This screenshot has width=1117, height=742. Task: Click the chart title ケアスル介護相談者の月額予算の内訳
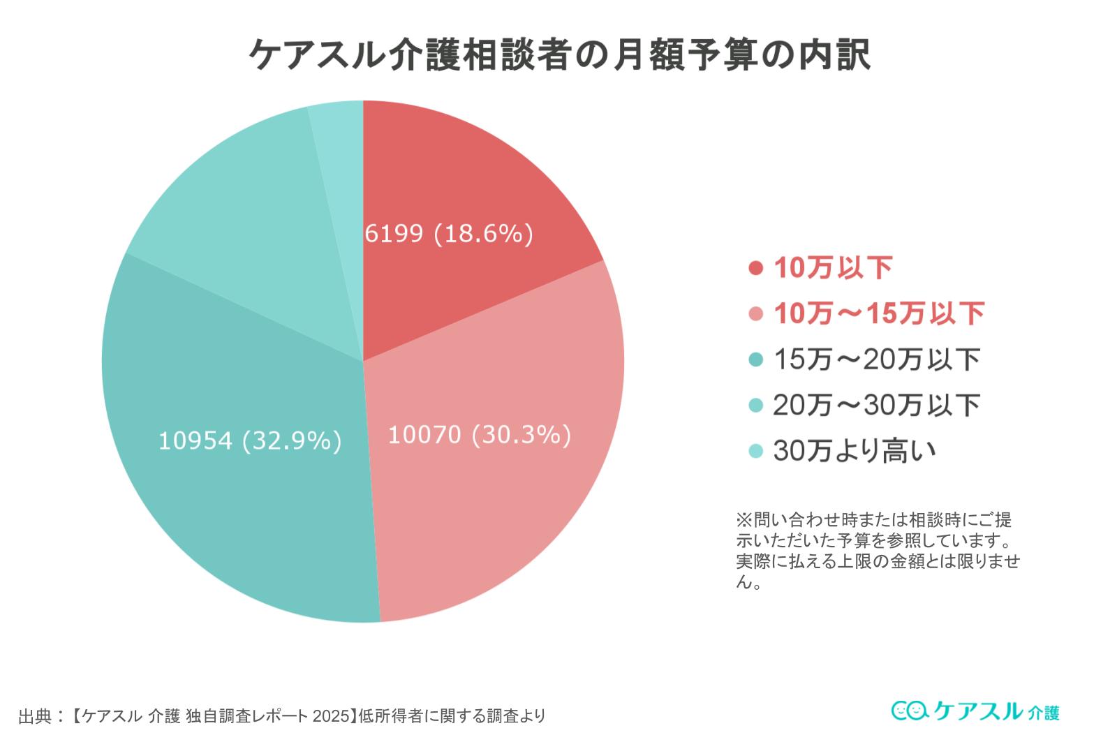click(559, 55)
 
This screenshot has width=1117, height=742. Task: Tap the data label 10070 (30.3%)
click(479, 435)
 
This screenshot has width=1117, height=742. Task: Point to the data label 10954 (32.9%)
click(250, 440)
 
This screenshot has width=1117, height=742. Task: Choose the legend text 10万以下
click(833, 268)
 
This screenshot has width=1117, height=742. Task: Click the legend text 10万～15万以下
click(879, 313)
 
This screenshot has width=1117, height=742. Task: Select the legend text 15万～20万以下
click(876, 359)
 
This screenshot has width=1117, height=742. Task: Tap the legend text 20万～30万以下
click(876, 405)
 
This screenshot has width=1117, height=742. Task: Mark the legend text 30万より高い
click(853, 451)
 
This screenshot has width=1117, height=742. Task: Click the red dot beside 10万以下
click(755, 269)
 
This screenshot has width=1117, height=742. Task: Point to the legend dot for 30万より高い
click(755, 451)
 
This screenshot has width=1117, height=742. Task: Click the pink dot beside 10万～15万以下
click(755, 314)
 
